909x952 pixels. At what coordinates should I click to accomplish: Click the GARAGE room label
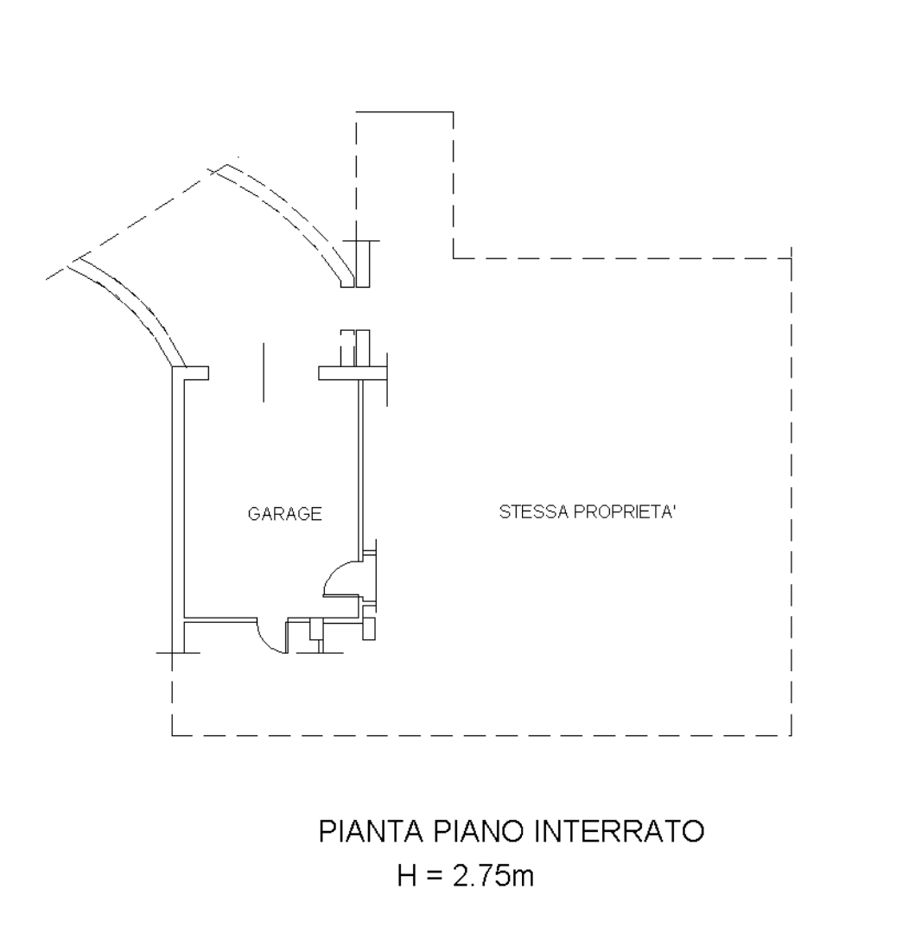coord(284,514)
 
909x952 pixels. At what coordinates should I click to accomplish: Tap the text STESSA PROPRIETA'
coord(587,512)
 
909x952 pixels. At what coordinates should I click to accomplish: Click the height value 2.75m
coord(489,876)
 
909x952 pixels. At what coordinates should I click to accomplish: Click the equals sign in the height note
coord(432,877)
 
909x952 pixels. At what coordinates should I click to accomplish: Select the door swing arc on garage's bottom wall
coord(269,640)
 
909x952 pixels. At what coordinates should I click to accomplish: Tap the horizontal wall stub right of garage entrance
coord(340,373)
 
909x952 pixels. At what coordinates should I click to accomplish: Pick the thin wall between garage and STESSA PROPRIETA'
coord(360,466)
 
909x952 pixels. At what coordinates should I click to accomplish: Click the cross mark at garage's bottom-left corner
coord(172,653)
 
